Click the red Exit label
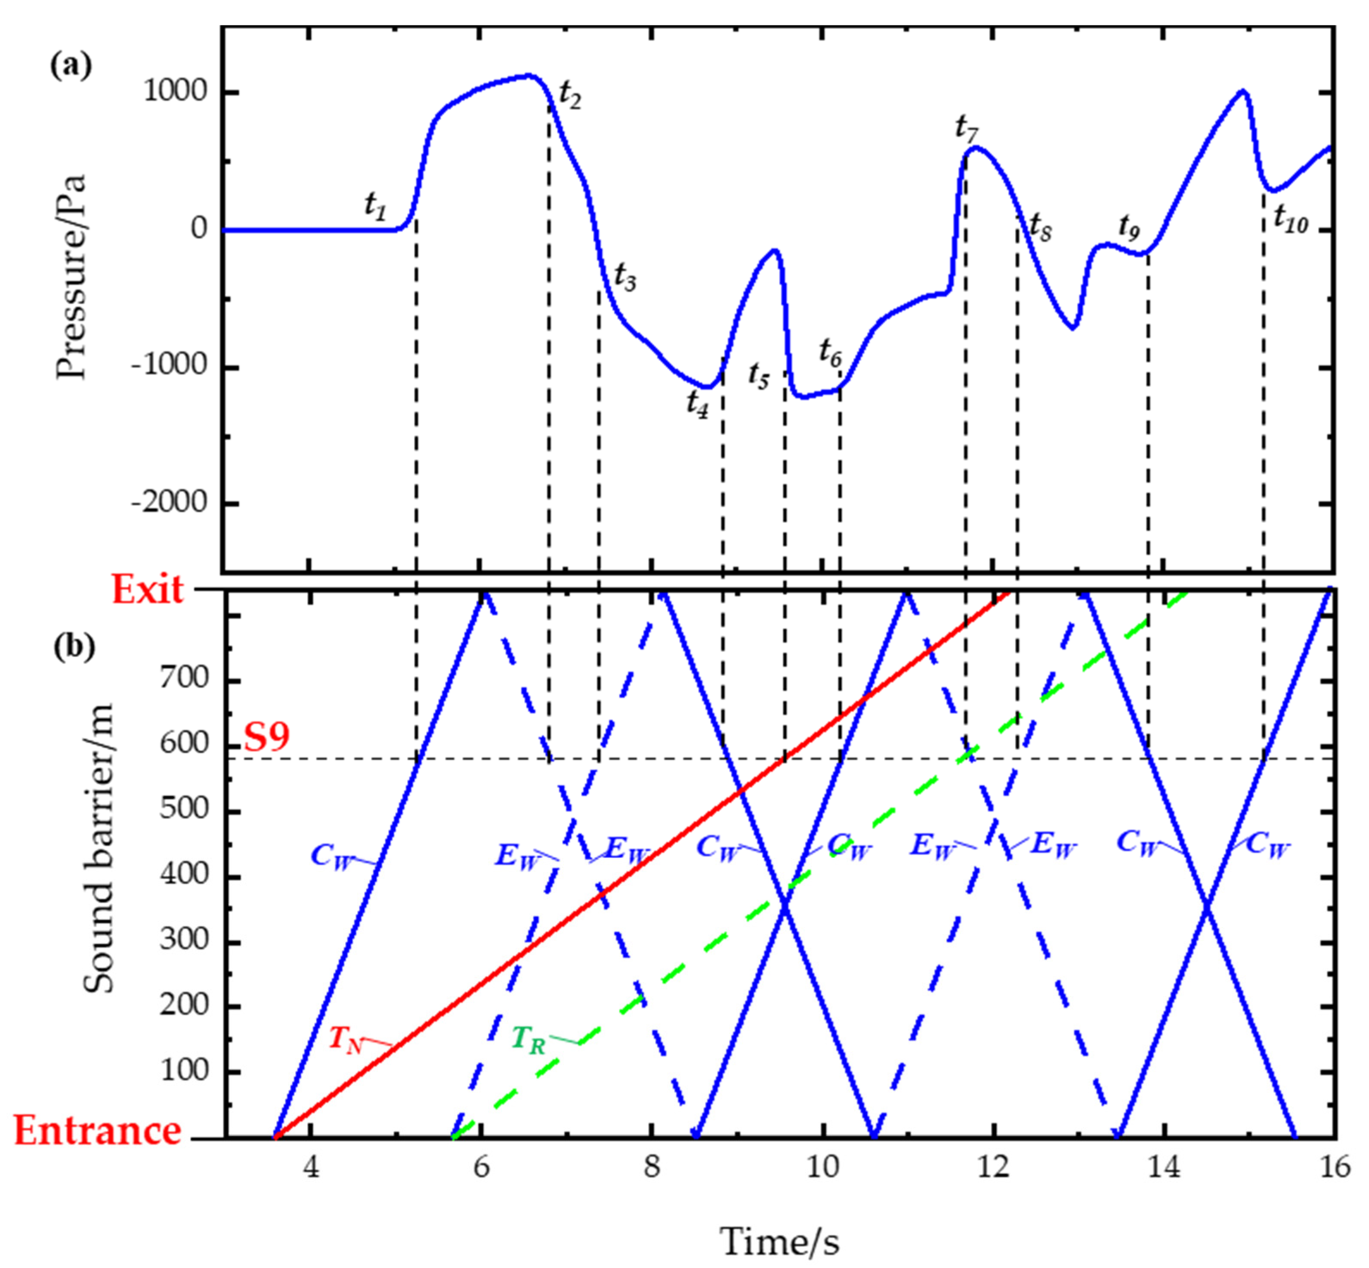point(148,589)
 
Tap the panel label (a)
point(71,67)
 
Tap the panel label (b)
point(74,647)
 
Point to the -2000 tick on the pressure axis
point(170,504)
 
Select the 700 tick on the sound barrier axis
point(183,679)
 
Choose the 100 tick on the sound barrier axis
point(183,1070)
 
